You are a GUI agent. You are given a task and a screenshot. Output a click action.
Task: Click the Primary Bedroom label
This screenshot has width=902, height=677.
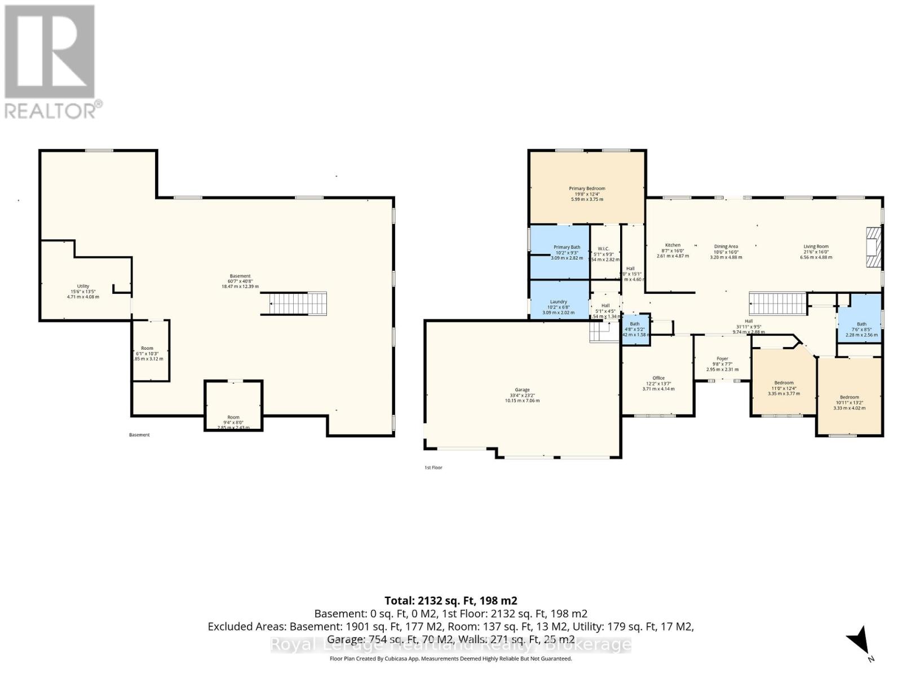click(x=587, y=188)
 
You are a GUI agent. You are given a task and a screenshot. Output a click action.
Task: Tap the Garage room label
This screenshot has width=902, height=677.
click(x=522, y=390)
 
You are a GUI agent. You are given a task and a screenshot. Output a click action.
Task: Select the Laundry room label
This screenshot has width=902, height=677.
click(x=558, y=302)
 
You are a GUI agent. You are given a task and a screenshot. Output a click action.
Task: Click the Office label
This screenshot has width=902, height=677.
click(x=658, y=378)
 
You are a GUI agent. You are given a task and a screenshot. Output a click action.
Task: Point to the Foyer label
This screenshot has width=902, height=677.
click(x=722, y=359)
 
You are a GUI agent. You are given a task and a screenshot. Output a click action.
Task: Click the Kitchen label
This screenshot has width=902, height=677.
click(x=673, y=245)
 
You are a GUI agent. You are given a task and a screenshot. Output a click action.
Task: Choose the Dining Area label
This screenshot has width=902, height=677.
click(x=726, y=247)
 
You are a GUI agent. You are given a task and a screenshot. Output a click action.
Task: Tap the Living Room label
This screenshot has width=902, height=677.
click(x=816, y=247)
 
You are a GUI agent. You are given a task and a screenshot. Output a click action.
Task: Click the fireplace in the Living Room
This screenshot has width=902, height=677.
click(x=873, y=247)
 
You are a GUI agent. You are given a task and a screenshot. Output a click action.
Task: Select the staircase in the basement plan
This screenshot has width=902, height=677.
click(x=294, y=304)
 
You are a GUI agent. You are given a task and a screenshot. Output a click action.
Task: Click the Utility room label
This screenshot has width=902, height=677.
click(x=83, y=287)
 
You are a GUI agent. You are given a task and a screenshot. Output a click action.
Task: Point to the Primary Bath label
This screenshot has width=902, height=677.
click(x=567, y=247)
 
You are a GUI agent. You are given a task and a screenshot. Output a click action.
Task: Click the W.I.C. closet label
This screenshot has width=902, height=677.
click(x=603, y=249)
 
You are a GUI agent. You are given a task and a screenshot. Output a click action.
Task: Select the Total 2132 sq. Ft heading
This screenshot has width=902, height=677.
click(x=450, y=601)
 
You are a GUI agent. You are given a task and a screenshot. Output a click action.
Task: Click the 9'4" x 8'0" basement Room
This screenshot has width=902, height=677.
click(x=233, y=417)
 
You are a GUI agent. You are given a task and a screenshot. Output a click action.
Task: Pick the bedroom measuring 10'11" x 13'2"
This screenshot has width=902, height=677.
click(x=849, y=397)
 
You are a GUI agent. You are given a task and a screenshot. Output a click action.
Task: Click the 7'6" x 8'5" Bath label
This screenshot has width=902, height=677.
click(x=861, y=324)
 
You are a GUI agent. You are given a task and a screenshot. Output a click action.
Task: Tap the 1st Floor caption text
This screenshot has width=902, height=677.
click(x=433, y=468)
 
